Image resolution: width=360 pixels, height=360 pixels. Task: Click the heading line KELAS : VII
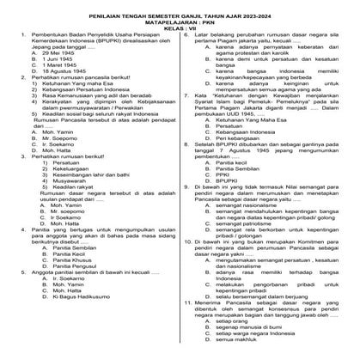pos(180,27)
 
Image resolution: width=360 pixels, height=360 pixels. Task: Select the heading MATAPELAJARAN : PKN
pos(180,20)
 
